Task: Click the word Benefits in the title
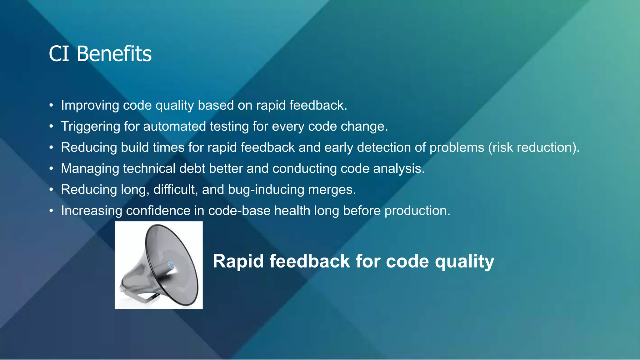(x=114, y=54)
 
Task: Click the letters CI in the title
(x=59, y=54)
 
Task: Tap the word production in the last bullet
(x=417, y=211)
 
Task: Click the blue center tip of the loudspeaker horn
(x=171, y=265)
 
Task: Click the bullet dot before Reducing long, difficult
(x=51, y=190)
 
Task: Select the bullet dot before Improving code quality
(x=51, y=106)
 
